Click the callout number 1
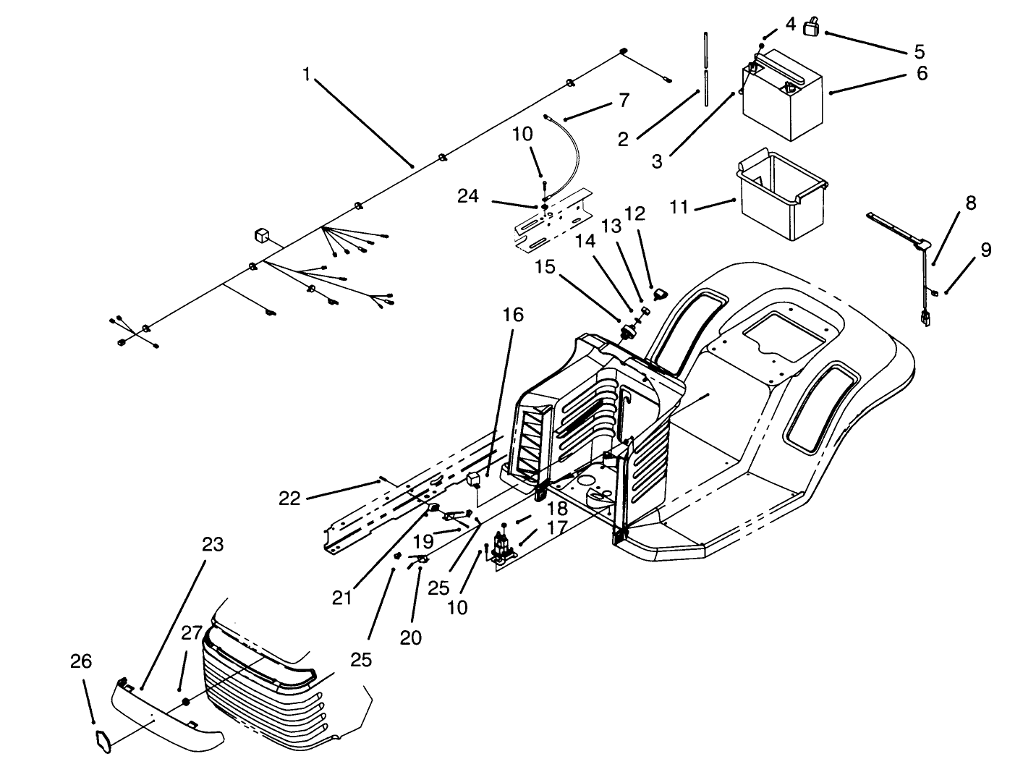point(307,75)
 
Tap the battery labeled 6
point(784,98)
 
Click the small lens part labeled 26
point(102,739)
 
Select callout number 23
point(213,545)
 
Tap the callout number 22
point(289,499)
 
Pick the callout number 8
point(970,203)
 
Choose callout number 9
point(986,250)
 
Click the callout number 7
point(624,100)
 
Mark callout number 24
point(467,196)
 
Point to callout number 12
point(634,213)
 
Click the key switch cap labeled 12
point(659,294)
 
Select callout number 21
point(341,598)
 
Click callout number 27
point(192,634)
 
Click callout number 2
point(623,140)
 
